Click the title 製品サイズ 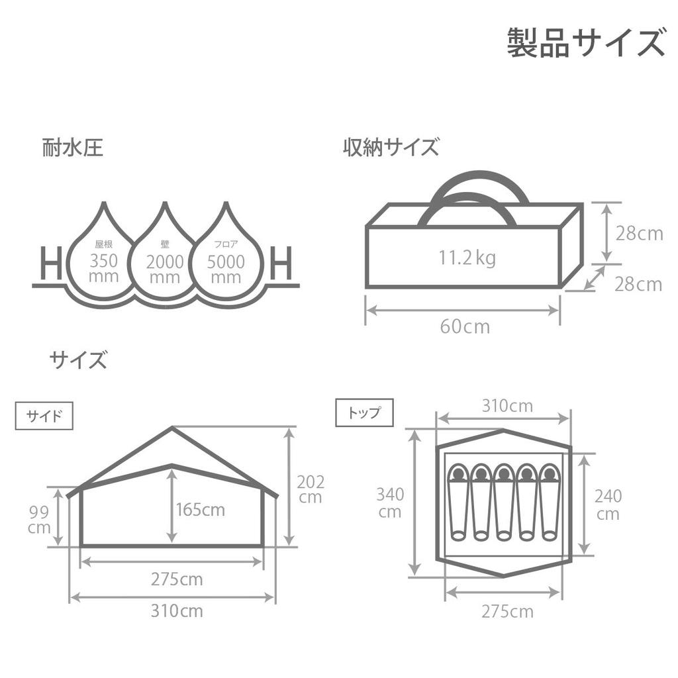pyautogui.click(x=585, y=42)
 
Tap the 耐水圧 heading pyautogui.click(x=73, y=148)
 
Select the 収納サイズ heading pyautogui.click(x=391, y=147)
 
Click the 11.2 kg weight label pyautogui.click(x=467, y=259)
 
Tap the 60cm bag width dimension pyautogui.click(x=465, y=327)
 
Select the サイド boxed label pyautogui.click(x=44, y=416)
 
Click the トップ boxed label pyautogui.click(x=365, y=412)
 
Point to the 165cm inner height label pyautogui.click(x=201, y=510)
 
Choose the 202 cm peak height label pyautogui.click(x=311, y=489)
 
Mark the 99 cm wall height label pyautogui.click(x=39, y=520)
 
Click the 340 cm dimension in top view pyautogui.click(x=390, y=503)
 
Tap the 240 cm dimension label pyautogui.click(x=608, y=505)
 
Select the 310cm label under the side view pyautogui.click(x=177, y=611)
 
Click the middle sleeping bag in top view pyautogui.click(x=503, y=503)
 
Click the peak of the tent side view pyautogui.click(x=172, y=428)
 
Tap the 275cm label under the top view pyautogui.click(x=508, y=612)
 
